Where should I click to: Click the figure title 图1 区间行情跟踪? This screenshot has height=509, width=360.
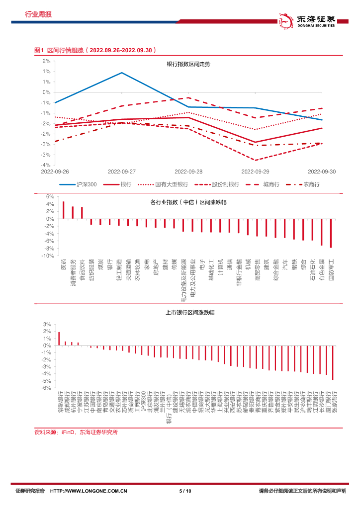[94, 50]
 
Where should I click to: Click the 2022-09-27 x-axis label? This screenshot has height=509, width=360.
[122, 171]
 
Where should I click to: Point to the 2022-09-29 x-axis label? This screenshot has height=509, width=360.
[255, 171]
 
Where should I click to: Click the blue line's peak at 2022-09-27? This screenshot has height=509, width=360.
[122, 73]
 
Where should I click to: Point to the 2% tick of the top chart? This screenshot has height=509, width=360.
[46, 61]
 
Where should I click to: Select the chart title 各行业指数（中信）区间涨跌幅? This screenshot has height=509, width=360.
[192, 202]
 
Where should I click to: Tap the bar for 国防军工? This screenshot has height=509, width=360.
[331, 233]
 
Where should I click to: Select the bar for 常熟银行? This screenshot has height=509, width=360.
[59, 339]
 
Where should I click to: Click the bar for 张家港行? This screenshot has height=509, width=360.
[333, 363]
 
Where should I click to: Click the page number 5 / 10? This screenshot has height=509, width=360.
[184, 491]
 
